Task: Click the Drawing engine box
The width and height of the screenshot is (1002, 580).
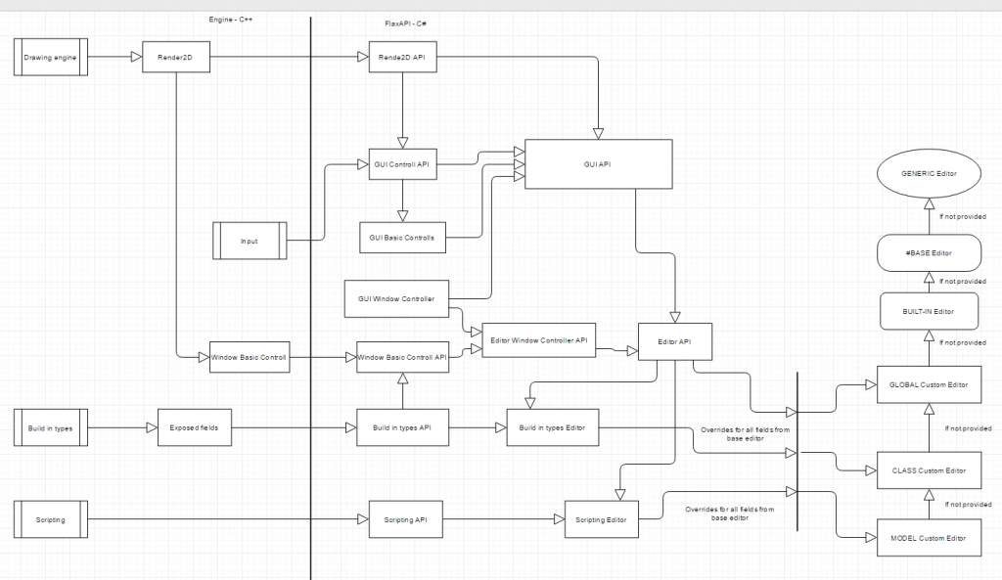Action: click(51, 58)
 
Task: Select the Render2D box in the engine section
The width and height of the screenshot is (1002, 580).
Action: click(176, 58)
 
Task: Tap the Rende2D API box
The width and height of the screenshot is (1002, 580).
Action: click(401, 58)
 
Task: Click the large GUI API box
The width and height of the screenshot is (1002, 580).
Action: click(599, 164)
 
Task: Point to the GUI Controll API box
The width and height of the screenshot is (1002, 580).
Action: click(401, 165)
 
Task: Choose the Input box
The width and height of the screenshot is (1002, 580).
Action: click(249, 241)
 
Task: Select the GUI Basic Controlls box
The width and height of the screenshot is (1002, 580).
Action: click(401, 238)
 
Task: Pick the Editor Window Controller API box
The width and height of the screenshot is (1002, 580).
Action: click(539, 339)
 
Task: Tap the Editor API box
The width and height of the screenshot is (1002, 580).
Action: click(674, 340)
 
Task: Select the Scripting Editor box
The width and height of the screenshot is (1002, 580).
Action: click(602, 519)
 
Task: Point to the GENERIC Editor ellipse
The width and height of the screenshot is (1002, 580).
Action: click(928, 174)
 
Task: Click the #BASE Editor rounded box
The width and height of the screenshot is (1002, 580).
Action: click(928, 252)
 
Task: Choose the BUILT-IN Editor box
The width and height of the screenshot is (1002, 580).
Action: click(928, 310)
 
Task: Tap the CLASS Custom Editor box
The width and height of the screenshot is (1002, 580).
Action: click(928, 470)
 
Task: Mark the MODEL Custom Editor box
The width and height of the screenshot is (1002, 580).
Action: click(928, 538)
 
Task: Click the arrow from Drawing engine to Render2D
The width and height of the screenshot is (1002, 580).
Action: click(115, 58)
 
